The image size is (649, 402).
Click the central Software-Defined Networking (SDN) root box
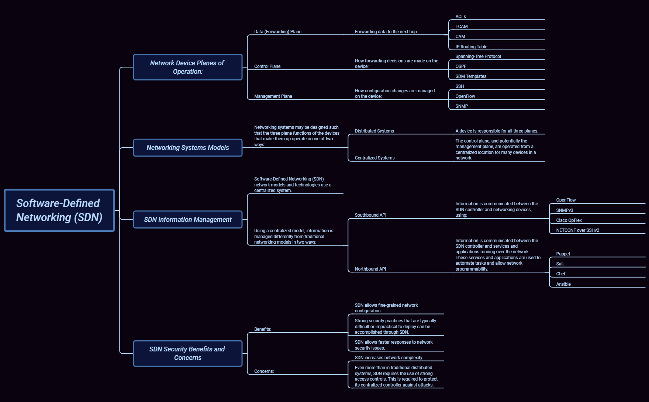pos(59,210)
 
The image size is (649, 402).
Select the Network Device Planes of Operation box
pos(187,67)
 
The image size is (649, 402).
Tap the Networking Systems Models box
pos(187,148)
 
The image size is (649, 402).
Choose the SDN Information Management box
pos(187,220)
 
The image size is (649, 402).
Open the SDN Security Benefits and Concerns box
pos(187,353)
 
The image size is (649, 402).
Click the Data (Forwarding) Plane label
pos(277,32)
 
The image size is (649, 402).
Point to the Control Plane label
pos(267,66)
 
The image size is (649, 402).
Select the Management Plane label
pos(273,96)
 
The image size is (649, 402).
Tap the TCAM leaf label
pos(461,27)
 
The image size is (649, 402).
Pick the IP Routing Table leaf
pos(471,47)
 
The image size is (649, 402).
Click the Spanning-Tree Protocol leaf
pos(478,56)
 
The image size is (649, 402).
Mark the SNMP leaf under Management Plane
pos(462,106)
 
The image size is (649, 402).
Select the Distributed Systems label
pos(374,131)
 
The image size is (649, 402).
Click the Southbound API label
pos(370,215)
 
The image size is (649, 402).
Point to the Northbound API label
pos(370,269)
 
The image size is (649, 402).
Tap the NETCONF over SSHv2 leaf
pos(577,230)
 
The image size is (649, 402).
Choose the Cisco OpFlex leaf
pos(569,220)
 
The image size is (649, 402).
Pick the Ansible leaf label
pos(563,284)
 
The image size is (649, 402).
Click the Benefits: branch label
pos(262,329)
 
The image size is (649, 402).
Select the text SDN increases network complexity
pos(389,358)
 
